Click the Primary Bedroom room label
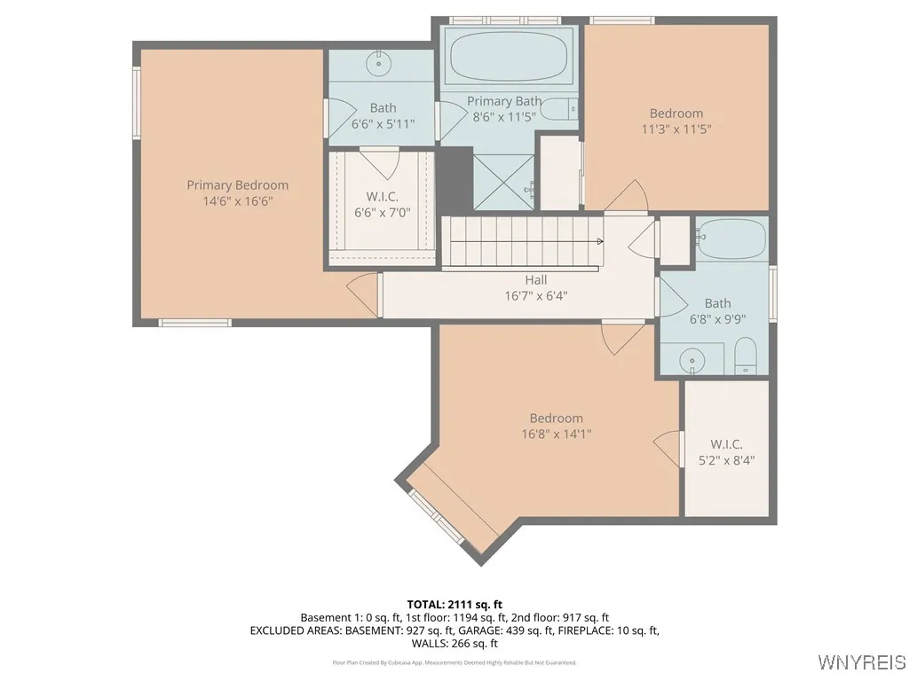click(237, 185)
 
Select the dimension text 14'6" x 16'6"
click(237, 201)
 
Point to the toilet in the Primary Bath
click(559, 110)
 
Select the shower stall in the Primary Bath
click(503, 182)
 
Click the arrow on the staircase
click(599, 241)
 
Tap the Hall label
click(535, 280)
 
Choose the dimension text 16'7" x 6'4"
click(535, 295)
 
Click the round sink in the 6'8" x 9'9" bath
click(692, 360)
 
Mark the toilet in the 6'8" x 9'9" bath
click(745, 355)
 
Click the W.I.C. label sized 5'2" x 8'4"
click(726, 444)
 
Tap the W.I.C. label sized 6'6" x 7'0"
click(382, 196)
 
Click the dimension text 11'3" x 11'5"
click(676, 129)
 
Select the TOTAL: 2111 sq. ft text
click(454, 604)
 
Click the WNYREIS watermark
click(861, 662)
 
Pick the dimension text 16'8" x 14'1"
click(557, 434)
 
